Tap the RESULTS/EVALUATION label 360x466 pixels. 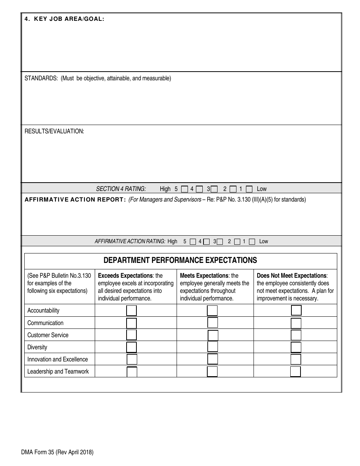(54, 131)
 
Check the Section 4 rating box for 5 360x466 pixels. (184, 189)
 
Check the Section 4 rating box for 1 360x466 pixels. (249, 189)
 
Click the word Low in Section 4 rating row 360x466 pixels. (261, 189)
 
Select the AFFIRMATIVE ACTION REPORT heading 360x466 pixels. (75, 200)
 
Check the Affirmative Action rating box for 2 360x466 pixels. (237, 241)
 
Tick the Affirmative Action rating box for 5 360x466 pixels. (193, 241)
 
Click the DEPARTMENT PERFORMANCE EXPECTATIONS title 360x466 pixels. (180, 260)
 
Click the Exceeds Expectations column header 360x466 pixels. (125, 276)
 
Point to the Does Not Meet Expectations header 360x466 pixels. (291, 276)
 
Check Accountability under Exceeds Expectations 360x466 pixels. (131, 311)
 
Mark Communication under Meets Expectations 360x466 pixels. (213, 323)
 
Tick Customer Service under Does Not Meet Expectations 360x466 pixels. (296, 335)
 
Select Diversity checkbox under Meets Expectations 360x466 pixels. (213, 347)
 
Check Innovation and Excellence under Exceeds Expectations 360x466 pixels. (132, 359)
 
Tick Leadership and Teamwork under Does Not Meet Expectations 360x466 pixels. (296, 371)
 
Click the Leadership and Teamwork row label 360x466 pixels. (58, 371)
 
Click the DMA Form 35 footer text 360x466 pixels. (57, 452)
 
